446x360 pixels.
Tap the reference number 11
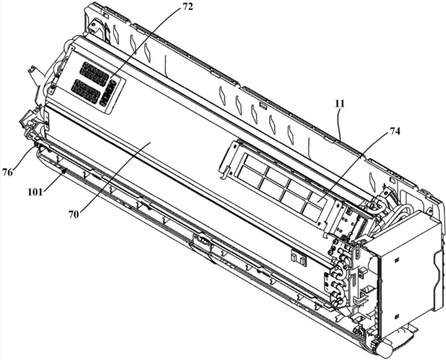[339, 104]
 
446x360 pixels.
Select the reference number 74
[394, 132]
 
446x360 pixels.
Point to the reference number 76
[8, 172]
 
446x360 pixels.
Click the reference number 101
[35, 192]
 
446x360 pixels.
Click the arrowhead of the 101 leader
[66, 170]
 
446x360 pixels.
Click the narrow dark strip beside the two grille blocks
[110, 93]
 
